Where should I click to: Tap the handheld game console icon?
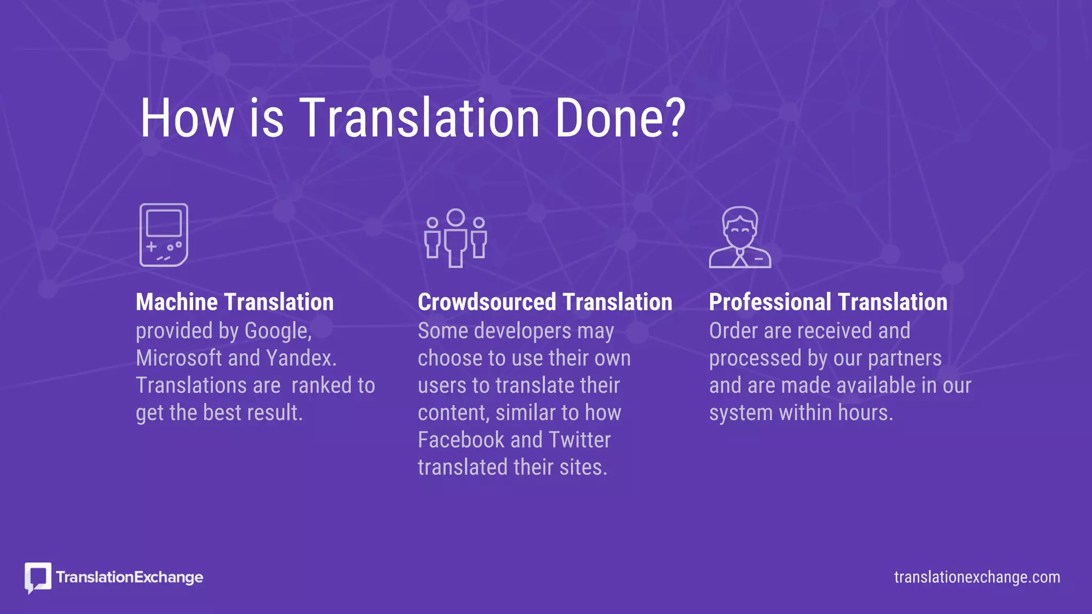[164, 235]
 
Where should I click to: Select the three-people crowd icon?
[455, 238]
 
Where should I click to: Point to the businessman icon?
[740, 237]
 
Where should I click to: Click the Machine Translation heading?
[235, 302]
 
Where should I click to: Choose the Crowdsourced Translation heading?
[544, 302]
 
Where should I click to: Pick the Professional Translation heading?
[828, 302]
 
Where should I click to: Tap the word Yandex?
[301, 358]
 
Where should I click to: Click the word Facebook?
[461, 440]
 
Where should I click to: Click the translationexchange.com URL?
[977, 577]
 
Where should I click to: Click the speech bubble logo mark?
[38, 577]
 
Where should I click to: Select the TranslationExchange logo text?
[130, 577]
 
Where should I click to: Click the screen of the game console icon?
[164, 223]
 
